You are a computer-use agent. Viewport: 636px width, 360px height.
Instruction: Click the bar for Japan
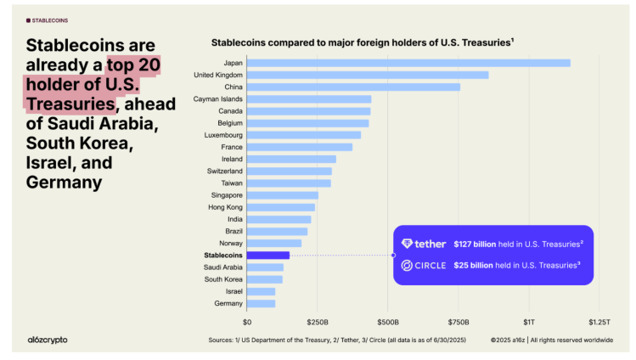pos(408,63)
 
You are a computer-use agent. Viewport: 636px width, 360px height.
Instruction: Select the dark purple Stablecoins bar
pos(268,255)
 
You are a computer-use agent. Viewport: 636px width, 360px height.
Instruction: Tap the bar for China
pos(353,87)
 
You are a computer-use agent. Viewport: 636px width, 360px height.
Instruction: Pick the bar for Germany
pos(261,303)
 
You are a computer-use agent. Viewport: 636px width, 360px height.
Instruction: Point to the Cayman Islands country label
pos(218,99)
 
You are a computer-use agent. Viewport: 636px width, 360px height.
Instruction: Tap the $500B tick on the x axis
pos(388,323)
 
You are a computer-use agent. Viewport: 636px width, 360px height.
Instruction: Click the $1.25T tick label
pos(599,323)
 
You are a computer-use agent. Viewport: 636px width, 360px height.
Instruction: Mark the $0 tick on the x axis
pos(247,323)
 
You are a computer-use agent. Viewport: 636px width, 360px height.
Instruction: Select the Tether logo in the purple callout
pos(424,244)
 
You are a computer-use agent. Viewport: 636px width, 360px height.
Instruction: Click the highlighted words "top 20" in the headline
pos(135,65)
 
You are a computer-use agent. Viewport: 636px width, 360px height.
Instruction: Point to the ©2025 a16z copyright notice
pos(551,340)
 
